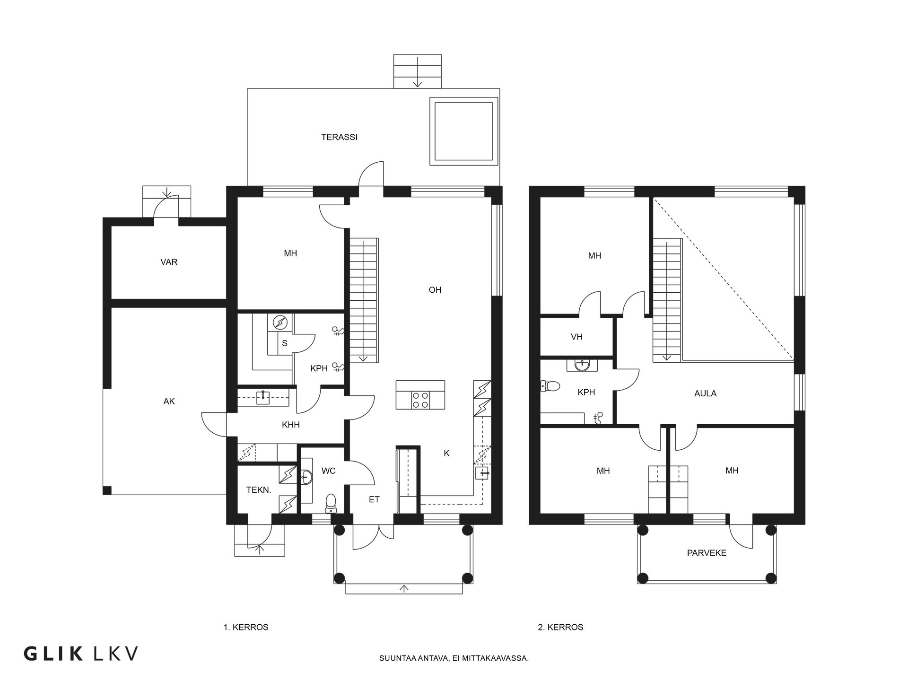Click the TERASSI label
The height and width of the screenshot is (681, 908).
(339, 137)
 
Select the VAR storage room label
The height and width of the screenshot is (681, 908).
(169, 262)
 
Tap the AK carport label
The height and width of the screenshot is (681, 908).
(169, 402)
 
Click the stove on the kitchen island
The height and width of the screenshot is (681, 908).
(420, 400)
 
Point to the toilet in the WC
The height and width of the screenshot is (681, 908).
(331, 503)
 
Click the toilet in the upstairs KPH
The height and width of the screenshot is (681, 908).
(550, 386)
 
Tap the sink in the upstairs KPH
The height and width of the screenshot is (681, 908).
(582, 365)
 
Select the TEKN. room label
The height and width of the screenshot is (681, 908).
(259, 490)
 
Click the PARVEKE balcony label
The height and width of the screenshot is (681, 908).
(707, 553)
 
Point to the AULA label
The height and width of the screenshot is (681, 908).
(705, 393)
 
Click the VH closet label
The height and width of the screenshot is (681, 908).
(576, 337)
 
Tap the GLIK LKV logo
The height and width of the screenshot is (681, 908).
(81, 654)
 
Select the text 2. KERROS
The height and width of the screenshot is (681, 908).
(560, 627)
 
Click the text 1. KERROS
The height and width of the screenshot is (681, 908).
(246, 627)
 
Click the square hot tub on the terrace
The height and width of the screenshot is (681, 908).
(463, 131)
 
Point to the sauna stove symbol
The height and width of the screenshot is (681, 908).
(280, 323)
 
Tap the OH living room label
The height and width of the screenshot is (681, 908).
(435, 290)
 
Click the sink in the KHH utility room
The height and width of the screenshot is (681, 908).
(263, 397)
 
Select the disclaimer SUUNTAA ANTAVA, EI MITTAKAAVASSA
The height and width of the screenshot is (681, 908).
(454, 658)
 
